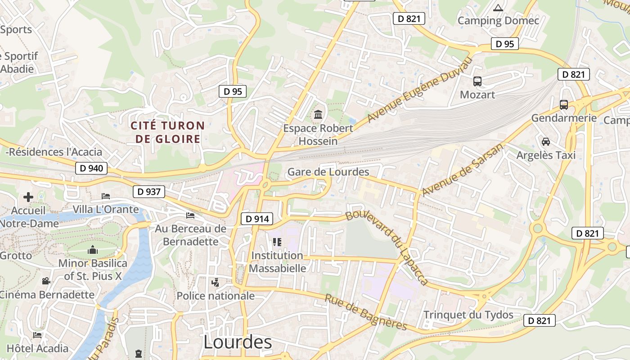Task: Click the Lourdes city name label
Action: pos(238,342)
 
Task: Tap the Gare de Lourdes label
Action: pos(328,172)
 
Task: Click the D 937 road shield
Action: pos(149,192)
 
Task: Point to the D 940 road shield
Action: pos(92,169)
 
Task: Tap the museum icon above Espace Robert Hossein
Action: pos(318,115)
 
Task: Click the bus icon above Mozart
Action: pos(477,81)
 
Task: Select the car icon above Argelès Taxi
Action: pos(546,142)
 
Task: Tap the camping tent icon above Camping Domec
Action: pos(498,8)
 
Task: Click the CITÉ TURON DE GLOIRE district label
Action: pos(167,132)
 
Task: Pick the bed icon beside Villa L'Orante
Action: pos(106,196)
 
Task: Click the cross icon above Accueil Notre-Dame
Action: pos(28,197)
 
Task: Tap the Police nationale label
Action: pos(216,296)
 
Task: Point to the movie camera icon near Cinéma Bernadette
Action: pos(46,281)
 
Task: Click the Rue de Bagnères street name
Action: pos(366,313)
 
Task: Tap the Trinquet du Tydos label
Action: pos(468,315)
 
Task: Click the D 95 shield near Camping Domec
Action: pos(504,44)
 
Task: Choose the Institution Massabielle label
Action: pos(277,262)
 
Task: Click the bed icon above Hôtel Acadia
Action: pos(37,335)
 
